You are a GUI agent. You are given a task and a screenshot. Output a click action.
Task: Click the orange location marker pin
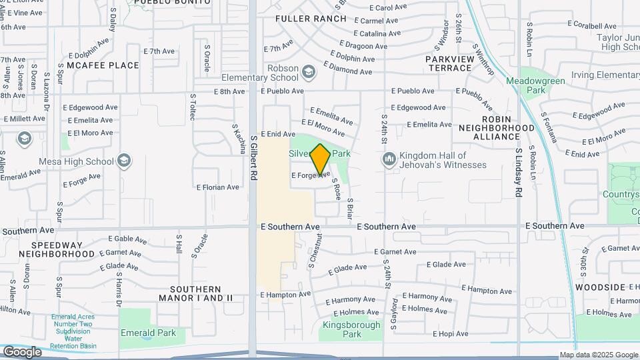pyautogui.click(x=321, y=159)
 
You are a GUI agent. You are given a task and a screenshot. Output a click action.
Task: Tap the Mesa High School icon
pyautogui.click(x=124, y=161)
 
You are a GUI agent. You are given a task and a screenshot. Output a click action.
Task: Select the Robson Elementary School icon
pyautogui.click(x=308, y=71)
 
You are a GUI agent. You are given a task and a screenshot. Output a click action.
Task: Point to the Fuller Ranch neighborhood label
pyautogui.click(x=311, y=19)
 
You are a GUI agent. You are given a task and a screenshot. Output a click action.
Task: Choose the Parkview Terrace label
pyautogui.click(x=450, y=63)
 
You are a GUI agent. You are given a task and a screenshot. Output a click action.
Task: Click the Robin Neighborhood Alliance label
pyautogui.click(x=496, y=131)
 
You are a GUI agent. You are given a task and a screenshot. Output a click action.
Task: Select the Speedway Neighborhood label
pyautogui.click(x=57, y=249)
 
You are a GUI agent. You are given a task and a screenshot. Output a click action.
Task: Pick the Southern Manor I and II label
pyautogui.click(x=195, y=293)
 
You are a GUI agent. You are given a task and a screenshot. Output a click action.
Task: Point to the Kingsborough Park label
pyautogui.click(x=351, y=329)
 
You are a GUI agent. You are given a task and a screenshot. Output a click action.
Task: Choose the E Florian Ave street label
pyautogui.click(x=217, y=187)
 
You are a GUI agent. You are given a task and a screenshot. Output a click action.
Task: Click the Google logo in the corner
pyautogui.click(x=22, y=352)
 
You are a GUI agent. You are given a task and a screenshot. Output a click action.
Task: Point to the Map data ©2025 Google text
pyautogui.click(x=599, y=355)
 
